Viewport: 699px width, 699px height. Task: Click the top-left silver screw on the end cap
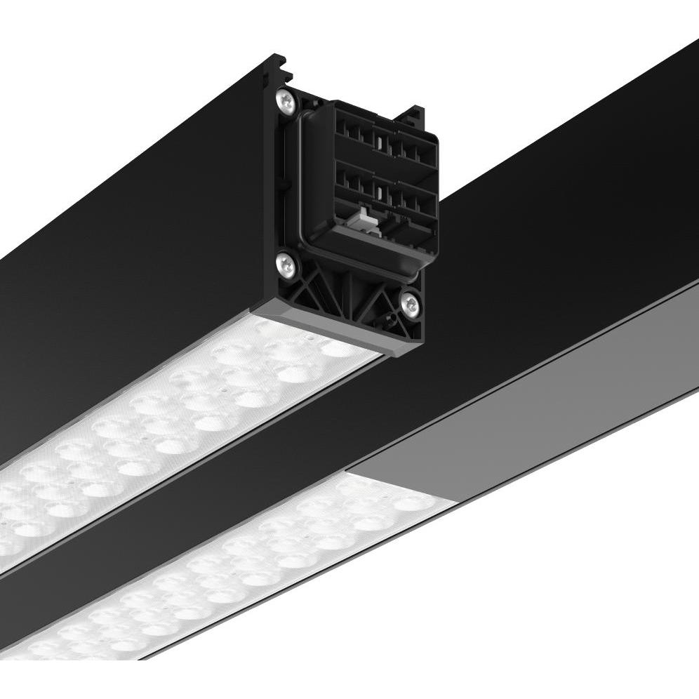click(286, 102)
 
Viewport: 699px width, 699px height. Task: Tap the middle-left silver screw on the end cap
click(286, 265)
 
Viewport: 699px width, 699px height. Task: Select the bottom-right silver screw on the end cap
click(411, 304)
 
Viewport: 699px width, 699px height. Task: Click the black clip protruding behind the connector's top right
click(413, 114)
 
